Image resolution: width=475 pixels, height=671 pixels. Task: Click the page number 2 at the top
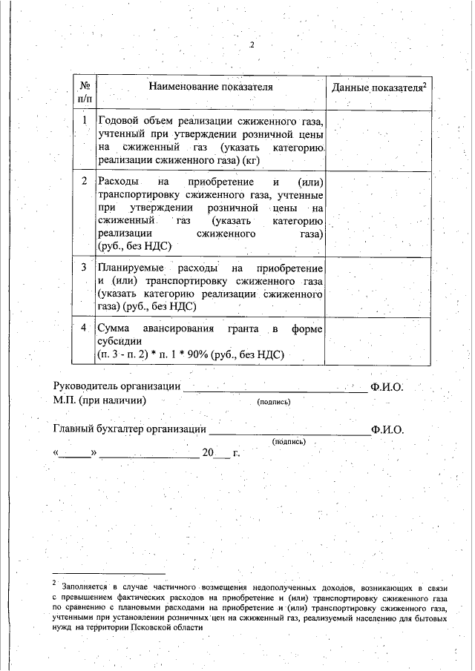point(252,44)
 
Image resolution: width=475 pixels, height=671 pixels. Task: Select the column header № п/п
point(85,93)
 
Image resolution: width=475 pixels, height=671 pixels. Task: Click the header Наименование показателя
point(211,87)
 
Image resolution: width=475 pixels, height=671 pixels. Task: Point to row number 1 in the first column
point(85,120)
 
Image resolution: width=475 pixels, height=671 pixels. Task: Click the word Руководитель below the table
point(86,387)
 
